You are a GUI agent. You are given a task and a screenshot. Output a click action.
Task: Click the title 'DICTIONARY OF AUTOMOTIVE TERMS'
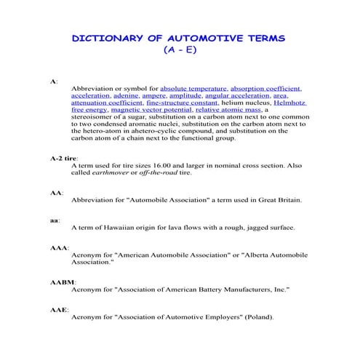pyautogui.click(x=180, y=37)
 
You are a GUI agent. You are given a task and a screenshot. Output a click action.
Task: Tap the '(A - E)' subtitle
pyautogui.click(x=180, y=51)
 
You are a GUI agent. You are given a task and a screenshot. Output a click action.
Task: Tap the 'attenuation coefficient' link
pyautogui.click(x=102, y=103)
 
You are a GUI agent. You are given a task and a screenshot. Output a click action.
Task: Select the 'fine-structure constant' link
pyautogui.click(x=172, y=103)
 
